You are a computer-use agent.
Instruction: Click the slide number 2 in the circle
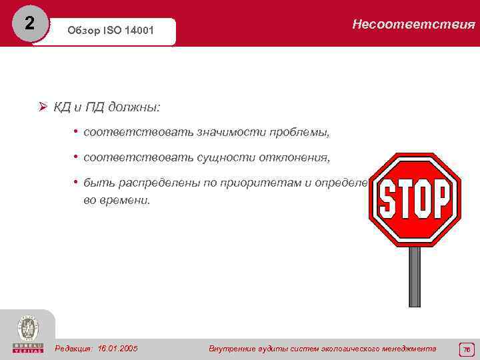(29, 23)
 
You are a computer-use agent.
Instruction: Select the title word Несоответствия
(413, 25)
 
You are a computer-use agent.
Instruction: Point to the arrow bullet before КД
(42, 107)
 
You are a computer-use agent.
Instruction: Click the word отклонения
(290, 157)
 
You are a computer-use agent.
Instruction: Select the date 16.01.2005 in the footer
(117, 348)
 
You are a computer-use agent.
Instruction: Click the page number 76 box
(466, 349)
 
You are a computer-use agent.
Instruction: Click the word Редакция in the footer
(75, 348)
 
